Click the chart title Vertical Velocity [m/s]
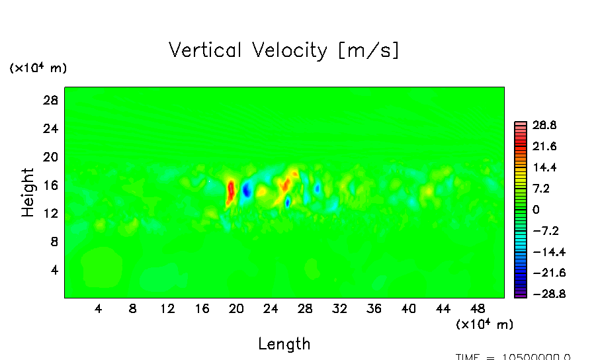(284, 50)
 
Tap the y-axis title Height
(28, 192)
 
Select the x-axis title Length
(284, 343)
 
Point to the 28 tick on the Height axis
(51, 101)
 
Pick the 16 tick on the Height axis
(51, 185)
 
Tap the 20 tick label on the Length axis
(236, 308)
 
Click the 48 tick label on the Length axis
(443, 308)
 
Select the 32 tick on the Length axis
(339, 308)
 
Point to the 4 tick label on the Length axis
(98, 308)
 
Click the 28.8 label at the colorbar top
(545, 125)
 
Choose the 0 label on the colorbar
(536, 210)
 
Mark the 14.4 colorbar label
(545, 167)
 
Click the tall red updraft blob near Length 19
(231, 191)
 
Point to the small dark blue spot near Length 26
(288, 202)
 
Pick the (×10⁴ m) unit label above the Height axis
(38, 68)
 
